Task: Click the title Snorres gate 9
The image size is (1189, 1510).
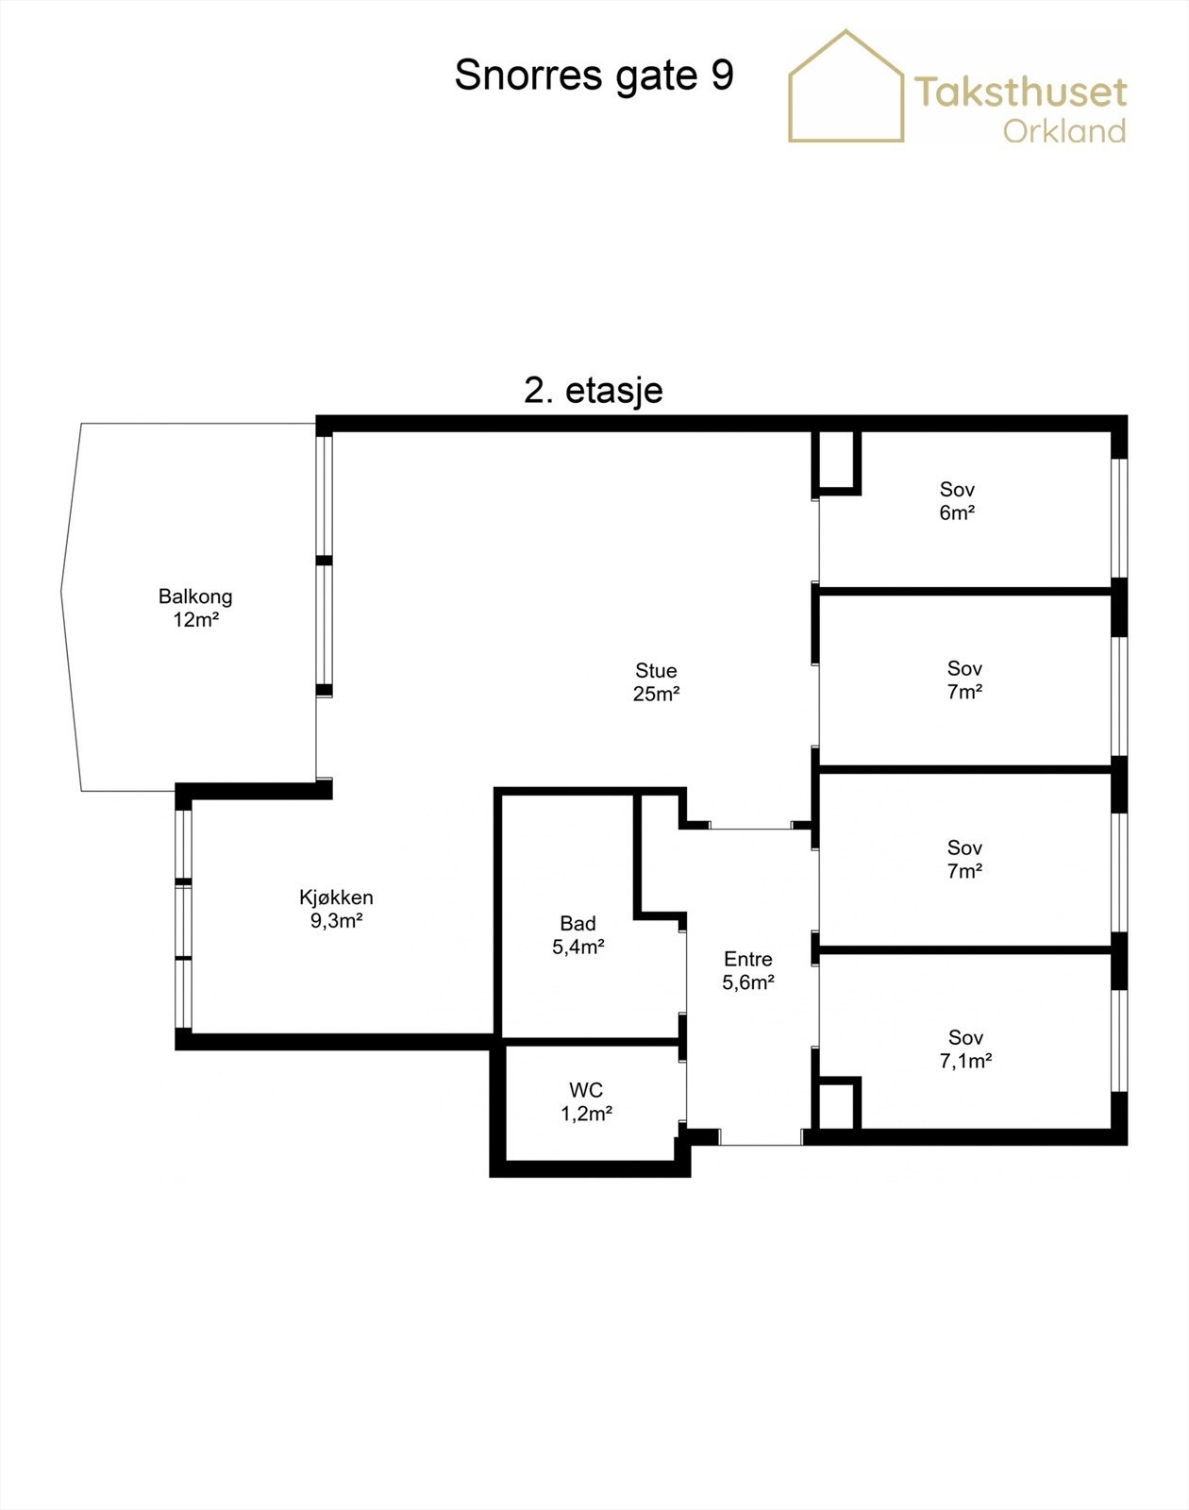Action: click(x=594, y=75)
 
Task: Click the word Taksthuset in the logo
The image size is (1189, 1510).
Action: click(x=1020, y=92)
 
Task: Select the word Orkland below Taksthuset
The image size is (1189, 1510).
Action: click(x=1064, y=131)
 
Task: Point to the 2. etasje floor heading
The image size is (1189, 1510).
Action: click(x=594, y=391)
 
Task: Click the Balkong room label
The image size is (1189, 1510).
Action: click(x=195, y=596)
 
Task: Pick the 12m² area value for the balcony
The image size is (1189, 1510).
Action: click(x=196, y=620)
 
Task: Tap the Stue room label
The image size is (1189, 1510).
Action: click(x=656, y=671)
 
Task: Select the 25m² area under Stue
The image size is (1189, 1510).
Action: click(x=657, y=694)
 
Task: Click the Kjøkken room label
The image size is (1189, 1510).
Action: click(x=336, y=898)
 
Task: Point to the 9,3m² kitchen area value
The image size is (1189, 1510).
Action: click(x=337, y=921)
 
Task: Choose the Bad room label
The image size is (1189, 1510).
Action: click(x=578, y=923)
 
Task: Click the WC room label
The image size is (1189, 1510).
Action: click(x=586, y=1091)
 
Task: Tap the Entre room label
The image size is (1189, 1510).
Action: click(x=748, y=959)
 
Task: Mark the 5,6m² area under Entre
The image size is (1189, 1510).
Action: click(x=748, y=982)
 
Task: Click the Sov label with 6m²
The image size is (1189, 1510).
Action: click(x=957, y=490)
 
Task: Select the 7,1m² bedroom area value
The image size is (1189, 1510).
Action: click(x=965, y=1061)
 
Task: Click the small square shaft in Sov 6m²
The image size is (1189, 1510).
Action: click(x=836, y=461)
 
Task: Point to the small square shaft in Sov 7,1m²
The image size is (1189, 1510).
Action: click(x=836, y=1105)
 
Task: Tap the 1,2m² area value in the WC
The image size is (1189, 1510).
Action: click(x=587, y=1114)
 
